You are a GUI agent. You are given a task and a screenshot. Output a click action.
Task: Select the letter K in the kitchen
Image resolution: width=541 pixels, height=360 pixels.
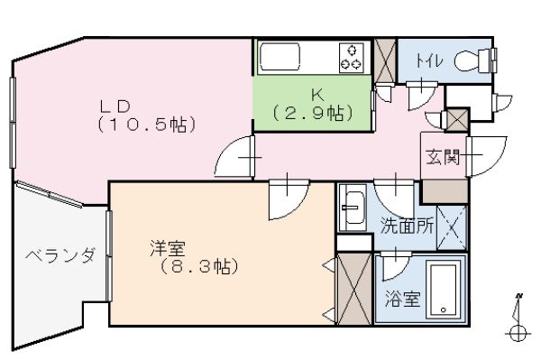316,93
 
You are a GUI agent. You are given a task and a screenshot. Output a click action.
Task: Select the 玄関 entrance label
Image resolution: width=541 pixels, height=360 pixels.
442,158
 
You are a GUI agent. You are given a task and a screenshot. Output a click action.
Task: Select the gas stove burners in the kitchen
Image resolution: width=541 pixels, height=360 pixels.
350,57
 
